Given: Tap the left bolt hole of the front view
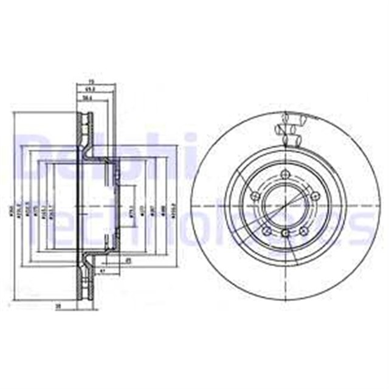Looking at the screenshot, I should (255, 196).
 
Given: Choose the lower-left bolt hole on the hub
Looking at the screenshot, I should (266, 230).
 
